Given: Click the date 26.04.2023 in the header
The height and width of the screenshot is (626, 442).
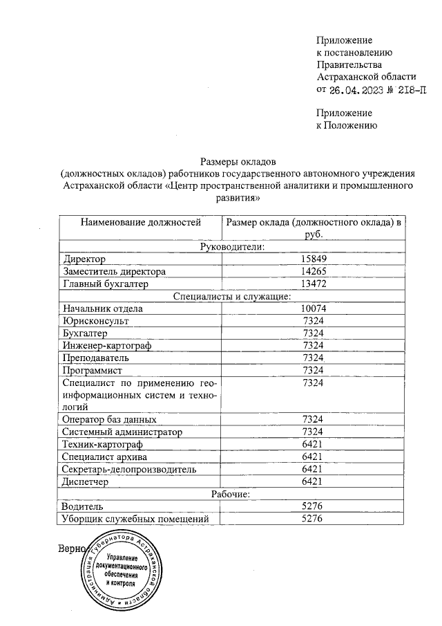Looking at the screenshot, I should [x=355, y=90].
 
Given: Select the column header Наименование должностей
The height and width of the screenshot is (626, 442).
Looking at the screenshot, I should [x=141, y=223].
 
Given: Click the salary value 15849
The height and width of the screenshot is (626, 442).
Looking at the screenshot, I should [x=314, y=259].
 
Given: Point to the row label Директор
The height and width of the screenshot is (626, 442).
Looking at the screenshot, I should [x=83, y=259].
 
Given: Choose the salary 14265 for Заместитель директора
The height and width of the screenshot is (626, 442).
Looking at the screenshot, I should [x=314, y=272].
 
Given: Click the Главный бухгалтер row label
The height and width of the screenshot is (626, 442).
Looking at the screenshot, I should [x=106, y=284].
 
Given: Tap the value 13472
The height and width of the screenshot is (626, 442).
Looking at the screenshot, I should [x=314, y=284].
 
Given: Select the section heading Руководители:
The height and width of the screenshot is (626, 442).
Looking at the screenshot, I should [x=232, y=247].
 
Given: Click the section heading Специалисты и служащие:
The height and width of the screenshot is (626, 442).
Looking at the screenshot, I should [x=232, y=297].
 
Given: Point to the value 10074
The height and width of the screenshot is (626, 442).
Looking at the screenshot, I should [x=314, y=309].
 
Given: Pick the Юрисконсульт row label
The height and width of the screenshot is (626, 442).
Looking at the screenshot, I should [x=95, y=321].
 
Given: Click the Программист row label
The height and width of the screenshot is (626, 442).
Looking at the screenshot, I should [x=95, y=371].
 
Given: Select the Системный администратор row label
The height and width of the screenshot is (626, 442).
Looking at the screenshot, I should [x=122, y=432].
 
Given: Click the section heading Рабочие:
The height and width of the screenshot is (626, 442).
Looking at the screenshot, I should [x=232, y=494].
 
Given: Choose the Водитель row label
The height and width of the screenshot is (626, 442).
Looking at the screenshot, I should [x=84, y=506].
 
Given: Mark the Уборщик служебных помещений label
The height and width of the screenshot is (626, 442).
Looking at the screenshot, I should [x=135, y=519].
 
